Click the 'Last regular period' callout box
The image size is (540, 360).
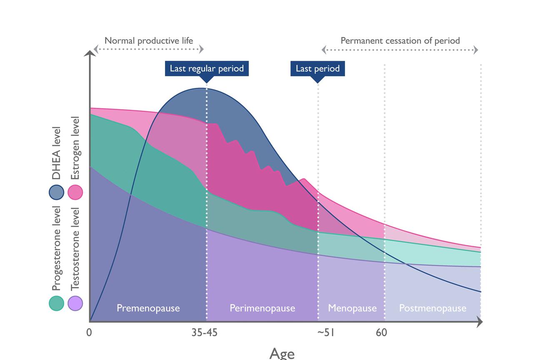(207, 68)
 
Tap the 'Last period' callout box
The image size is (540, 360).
(317, 68)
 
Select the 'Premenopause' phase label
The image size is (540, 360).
(148, 308)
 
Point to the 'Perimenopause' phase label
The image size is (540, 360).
(262, 308)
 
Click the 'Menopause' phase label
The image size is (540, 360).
(352, 308)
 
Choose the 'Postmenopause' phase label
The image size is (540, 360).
(432, 308)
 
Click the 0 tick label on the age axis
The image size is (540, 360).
(89, 332)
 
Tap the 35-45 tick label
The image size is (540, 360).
(204, 332)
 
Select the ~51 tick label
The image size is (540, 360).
(325, 332)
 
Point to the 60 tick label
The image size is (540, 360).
(381, 332)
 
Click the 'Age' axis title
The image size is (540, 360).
(282, 353)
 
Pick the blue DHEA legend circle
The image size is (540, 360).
(56, 192)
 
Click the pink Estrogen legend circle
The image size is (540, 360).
(75, 192)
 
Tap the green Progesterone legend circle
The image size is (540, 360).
(56, 303)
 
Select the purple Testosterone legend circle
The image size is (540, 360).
(75, 303)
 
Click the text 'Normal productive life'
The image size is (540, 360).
(149, 41)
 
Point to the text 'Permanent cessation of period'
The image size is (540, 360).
(400, 41)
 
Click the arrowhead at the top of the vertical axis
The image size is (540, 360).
(90, 53)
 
